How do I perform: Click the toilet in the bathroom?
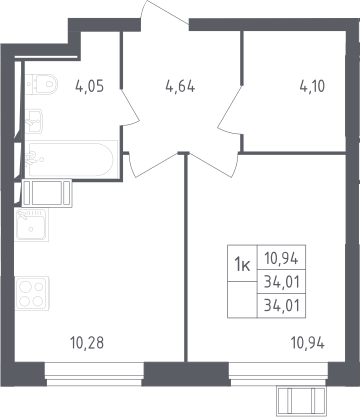click(41, 84)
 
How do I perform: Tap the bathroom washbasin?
click(34, 121)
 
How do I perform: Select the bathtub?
click(71, 159)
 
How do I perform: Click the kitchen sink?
click(32, 224)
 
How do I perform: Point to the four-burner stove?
click(32, 293)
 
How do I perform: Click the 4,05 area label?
click(90, 87)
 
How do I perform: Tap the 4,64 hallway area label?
click(180, 87)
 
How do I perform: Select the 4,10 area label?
click(312, 87)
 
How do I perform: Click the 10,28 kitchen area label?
click(87, 343)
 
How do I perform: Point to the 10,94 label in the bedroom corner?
click(308, 343)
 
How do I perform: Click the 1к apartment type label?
click(242, 265)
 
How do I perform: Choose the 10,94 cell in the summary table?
click(281, 258)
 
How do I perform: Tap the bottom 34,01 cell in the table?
click(281, 305)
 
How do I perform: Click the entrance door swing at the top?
click(165, 13)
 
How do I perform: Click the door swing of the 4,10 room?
click(230, 111)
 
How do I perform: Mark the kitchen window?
click(94, 374)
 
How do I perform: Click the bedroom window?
click(279, 374)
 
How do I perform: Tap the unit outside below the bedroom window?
click(301, 401)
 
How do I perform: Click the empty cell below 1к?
click(242, 299)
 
